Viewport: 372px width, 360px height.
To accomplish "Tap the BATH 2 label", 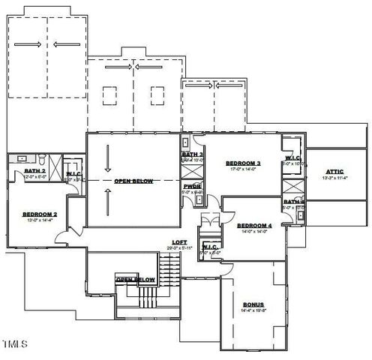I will (x=34, y=171).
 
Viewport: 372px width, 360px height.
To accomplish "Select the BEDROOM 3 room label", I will (x=243, y=163).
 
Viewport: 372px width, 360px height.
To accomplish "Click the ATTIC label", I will (x=334, y=171).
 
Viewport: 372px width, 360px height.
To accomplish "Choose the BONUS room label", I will (x=253, y=304).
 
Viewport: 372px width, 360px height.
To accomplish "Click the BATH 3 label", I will (x=192, y=154).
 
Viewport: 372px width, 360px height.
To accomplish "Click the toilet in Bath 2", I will (x=45, y=160).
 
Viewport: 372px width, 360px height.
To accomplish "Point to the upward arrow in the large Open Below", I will (x=109, y=200).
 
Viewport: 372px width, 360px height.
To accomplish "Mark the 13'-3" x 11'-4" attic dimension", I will (x=334, y=178).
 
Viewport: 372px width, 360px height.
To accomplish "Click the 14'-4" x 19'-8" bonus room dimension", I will (x=253, y=310).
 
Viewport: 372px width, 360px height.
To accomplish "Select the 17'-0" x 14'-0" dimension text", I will (x=243, y=169).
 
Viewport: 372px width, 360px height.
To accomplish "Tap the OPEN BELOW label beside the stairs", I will (x=135, y=280).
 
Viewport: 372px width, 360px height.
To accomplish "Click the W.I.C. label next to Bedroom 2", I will (x=73, y=174).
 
